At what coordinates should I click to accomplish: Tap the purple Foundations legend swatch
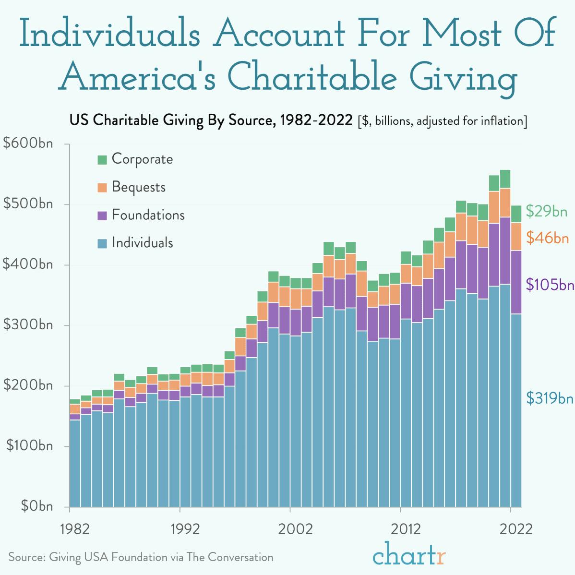click(102, 216)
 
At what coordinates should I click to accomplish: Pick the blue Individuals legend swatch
click(102, 244)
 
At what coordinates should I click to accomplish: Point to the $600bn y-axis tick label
click(28, 144)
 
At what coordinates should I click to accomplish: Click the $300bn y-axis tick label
click(28, 325)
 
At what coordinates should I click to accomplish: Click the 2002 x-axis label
click(290, 529)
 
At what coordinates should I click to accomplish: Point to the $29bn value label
click(547, 211)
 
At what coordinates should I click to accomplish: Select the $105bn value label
click(550, 285)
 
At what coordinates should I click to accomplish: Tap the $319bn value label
click(550, 398)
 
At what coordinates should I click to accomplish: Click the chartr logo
click(409, 555)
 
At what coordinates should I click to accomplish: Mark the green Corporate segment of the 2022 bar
click(515, 214)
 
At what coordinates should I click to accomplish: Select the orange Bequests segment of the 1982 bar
click(75, 408)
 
